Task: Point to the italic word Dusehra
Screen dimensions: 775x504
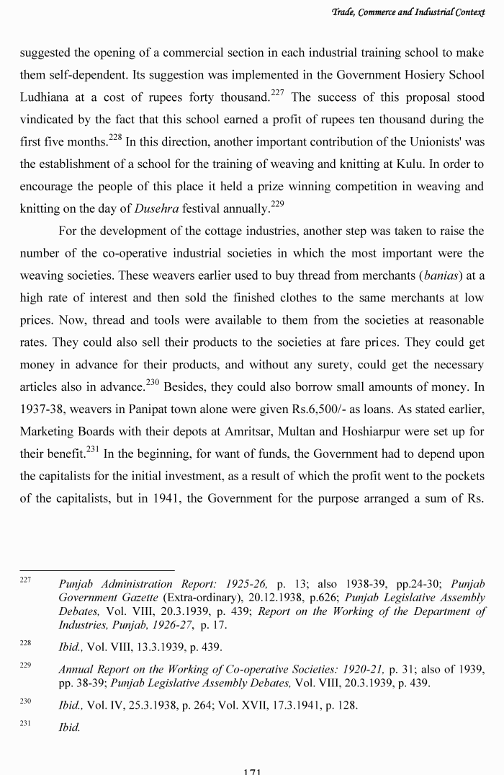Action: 158,210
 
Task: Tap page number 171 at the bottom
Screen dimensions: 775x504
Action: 252,771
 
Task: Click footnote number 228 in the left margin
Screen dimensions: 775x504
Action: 26,644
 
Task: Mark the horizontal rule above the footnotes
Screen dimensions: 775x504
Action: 97,571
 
